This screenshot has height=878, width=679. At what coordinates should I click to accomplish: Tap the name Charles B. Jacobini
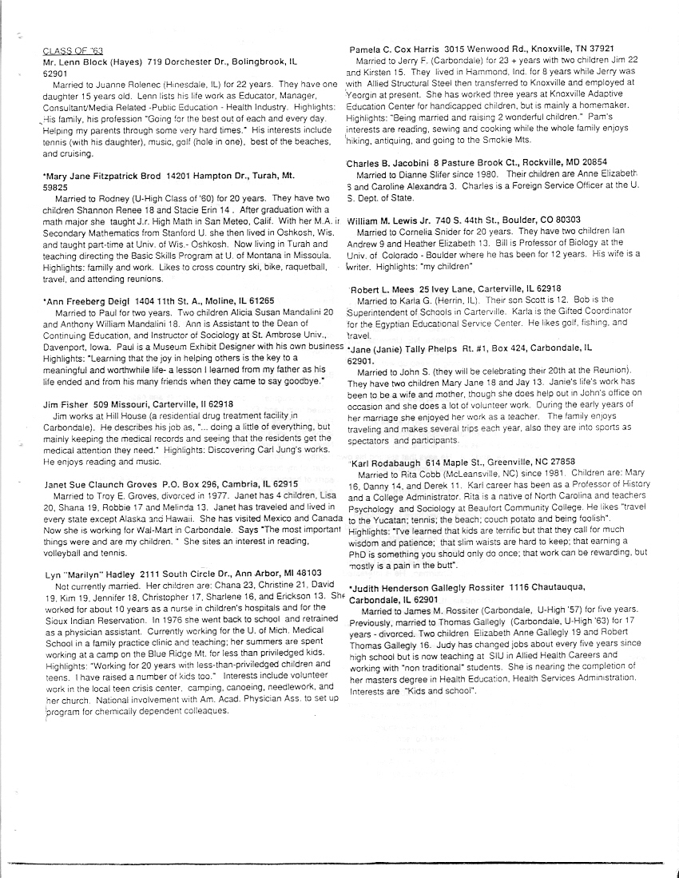pyautogui.click(x=391, y=162)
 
